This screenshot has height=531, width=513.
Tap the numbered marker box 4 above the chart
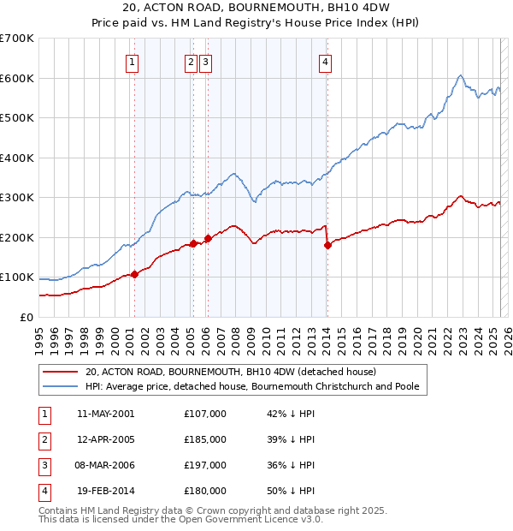pos(327,61)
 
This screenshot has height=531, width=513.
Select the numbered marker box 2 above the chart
pos(190,61)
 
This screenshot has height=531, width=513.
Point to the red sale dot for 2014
pos(327,245)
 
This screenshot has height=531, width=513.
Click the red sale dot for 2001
pos(134,274)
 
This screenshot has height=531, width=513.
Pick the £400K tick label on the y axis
pos(18,158)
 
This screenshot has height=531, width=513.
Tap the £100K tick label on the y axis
pos(18,277)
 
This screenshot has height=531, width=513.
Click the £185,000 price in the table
pos(205,439)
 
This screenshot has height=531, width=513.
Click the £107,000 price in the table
pos(205,414)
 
